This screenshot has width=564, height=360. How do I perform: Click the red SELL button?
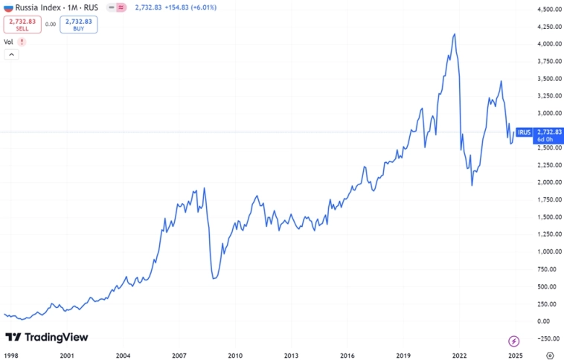point(22,25)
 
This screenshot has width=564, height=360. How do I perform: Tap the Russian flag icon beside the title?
point(8,7)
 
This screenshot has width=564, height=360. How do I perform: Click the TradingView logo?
point(46,337)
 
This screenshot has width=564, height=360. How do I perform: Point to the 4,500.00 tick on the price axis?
point(548,10)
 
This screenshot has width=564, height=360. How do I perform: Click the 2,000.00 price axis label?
point(548,183)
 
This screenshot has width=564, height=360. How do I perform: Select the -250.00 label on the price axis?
point(548,338)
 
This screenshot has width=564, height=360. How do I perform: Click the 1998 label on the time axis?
point(11,356)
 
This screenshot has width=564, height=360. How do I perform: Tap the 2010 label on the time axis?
point(235,356)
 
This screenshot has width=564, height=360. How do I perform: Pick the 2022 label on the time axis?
point(459,356)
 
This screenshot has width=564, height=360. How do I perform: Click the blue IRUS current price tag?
point(538,135)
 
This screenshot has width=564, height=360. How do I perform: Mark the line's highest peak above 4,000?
point(454,34)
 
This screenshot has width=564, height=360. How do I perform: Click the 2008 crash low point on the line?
point(214,279)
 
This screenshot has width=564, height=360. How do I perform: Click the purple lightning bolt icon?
point(514,341)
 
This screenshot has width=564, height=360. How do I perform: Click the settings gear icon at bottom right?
point(548,356)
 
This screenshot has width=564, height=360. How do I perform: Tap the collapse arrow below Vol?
point(11,55)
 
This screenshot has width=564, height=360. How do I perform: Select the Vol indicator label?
point(9,42)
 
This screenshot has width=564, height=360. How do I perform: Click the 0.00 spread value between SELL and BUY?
point(51,25)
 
